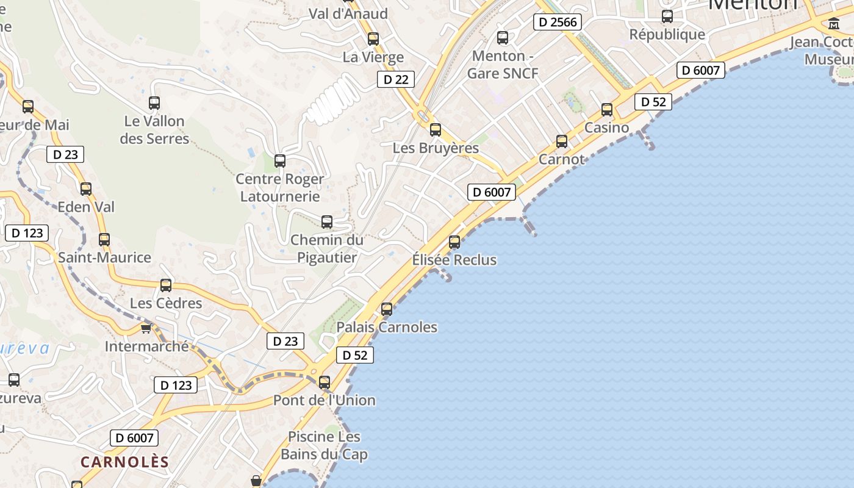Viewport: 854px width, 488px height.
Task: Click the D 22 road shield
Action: point(396,79)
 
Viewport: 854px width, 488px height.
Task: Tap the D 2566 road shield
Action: point(558,23)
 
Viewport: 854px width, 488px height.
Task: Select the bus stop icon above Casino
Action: point(607,110)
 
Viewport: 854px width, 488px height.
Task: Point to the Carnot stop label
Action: point(562,160)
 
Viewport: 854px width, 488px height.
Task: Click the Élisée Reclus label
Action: point(454,260)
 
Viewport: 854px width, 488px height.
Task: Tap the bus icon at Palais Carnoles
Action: point(387,309)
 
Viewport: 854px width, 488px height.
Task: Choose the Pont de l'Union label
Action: point(324,400)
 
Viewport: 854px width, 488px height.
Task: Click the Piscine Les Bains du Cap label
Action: point(324,446)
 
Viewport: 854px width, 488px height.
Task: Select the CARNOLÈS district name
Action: point(124,462)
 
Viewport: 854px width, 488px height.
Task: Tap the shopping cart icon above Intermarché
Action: point(146,328)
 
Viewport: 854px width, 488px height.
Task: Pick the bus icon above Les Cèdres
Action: point(166,285)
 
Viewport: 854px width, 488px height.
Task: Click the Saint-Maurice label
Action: point(104,257)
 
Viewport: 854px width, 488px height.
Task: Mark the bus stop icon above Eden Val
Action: point(86,189)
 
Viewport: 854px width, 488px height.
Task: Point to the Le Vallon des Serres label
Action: point(154,130)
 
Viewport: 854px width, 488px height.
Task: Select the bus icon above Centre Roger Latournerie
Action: point(280,161)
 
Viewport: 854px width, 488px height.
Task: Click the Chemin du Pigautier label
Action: point(327,249)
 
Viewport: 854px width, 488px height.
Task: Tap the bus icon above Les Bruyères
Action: point(436,130)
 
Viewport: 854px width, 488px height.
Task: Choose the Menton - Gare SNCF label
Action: point(503,65)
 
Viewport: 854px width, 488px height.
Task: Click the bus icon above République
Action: point(667,16)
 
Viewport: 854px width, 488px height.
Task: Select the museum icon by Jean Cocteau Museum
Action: point(834,24)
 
